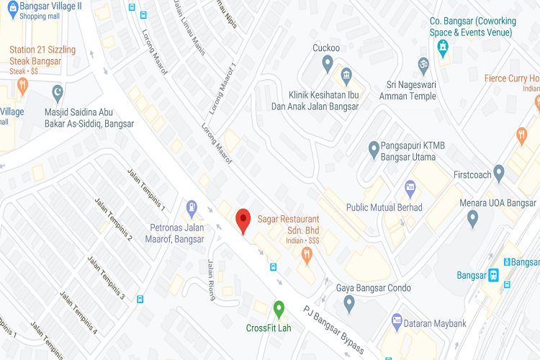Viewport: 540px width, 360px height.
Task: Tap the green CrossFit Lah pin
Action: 279,310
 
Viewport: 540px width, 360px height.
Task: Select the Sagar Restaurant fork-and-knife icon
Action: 307,253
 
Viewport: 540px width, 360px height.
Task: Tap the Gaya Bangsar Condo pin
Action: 349,303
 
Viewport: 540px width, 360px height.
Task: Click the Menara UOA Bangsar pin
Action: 473,217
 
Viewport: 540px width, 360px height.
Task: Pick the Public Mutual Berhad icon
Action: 410,188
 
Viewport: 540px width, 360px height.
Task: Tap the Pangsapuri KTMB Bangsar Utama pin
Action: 374,150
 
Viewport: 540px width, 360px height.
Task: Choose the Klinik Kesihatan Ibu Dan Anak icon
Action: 346,76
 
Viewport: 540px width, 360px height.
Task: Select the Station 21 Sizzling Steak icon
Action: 22,86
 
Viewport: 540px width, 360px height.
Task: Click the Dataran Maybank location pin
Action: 396,321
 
